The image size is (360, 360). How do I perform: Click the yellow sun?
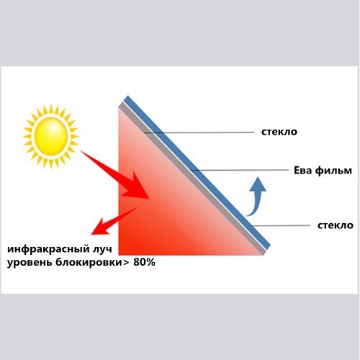click(51, 136)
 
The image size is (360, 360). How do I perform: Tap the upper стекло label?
click(279, 132)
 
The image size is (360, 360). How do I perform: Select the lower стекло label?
click(336, 225)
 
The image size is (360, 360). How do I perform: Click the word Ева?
click(303, 171)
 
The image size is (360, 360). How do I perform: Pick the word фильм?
click(333, 171)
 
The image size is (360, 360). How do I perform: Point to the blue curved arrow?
click(256, 197)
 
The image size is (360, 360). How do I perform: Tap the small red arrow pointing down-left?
click(114, 221)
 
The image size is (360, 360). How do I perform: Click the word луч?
click(102, 250)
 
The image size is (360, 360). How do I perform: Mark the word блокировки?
click(89, 262)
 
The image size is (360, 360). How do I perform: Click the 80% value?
click(144, 262)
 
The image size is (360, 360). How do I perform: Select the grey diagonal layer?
click(192, 178)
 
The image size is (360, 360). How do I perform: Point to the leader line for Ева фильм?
click(240, 170)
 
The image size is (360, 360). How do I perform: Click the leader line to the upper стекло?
click(199, 132)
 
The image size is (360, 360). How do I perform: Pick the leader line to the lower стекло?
click(281, 225)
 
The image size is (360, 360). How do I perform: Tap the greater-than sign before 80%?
click(126, 263)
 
